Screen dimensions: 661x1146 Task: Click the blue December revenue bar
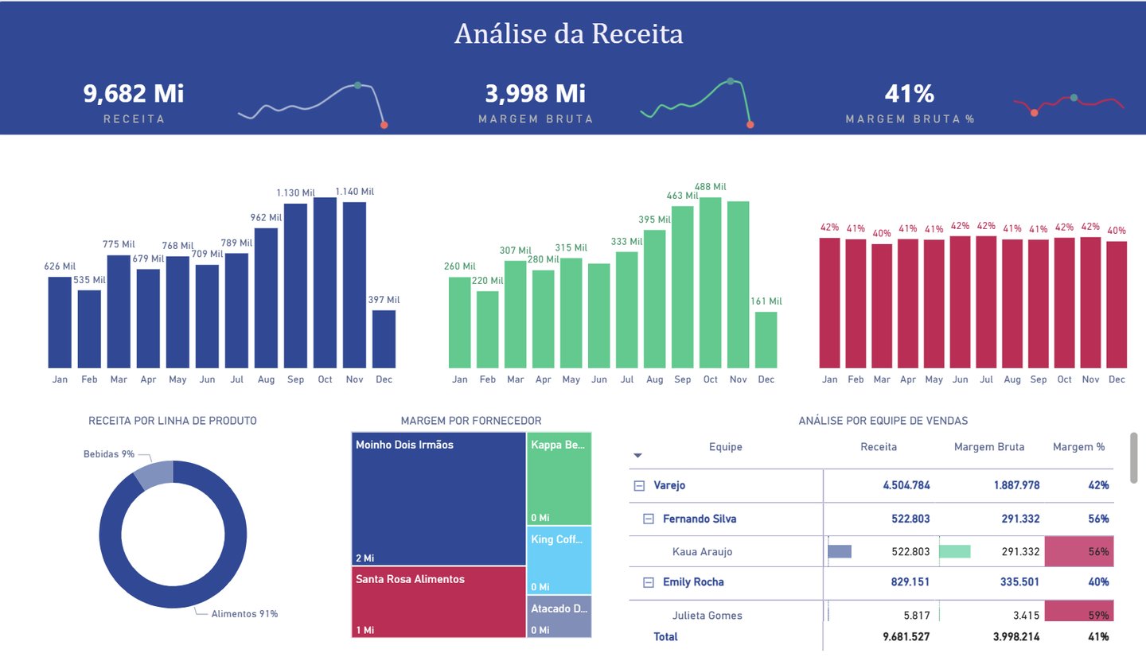pos(384,339)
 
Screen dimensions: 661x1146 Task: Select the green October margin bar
pos(710,282)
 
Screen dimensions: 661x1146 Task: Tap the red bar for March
pos(882,305)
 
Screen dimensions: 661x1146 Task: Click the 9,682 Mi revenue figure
pos(134,94)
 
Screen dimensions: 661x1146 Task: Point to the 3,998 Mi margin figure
pos(536,94)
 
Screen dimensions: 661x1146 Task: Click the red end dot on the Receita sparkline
pos(384,125)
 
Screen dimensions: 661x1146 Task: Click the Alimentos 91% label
pos(244,613)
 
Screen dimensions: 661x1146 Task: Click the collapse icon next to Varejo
pos(639,485)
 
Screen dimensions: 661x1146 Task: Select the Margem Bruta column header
pos(989,447)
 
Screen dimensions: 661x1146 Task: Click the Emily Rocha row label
pos(693,581)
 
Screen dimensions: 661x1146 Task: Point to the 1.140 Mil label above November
pos(354,192)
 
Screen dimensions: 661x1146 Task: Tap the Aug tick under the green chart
pos(655,380)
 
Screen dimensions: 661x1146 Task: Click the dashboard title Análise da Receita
pos(568,34)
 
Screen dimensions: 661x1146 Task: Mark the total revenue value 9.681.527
pos(906,636)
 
